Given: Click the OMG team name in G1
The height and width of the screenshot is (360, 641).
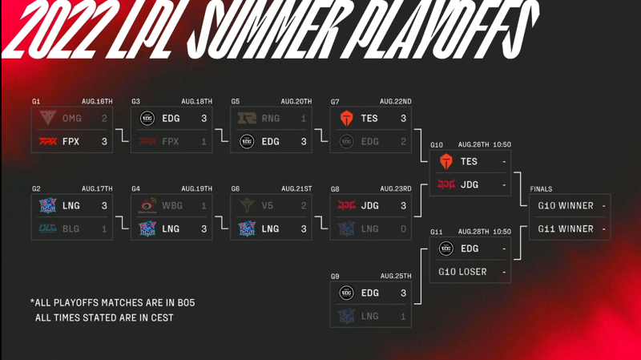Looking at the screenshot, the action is tap(72, 118).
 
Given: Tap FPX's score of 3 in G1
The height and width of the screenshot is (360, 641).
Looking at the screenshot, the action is tap(104, 142).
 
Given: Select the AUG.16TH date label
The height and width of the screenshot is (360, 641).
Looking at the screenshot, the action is tap(97, 102).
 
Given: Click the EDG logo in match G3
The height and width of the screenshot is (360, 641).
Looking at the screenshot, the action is tap(147, 118).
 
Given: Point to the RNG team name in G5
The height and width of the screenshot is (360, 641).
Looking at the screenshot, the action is tap(271, 118).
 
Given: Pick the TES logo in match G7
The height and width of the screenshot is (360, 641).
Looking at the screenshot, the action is tap(347, 118).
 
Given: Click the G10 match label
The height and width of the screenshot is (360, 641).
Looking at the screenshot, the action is tap(437, 145).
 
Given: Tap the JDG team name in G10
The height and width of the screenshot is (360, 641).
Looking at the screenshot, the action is tap(470, 185).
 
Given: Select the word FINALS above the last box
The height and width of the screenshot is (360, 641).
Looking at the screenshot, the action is tap(541, 189).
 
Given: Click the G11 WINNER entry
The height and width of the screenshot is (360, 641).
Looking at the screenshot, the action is tap(566, 229).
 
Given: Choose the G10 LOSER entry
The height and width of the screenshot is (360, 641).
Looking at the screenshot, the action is tap(462, 272).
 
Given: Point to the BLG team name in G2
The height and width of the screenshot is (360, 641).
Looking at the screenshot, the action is tap(71, 229).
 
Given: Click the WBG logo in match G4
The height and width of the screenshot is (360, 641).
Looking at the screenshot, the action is tap(147, 206).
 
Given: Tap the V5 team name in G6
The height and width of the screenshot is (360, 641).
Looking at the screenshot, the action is tap(267, 206).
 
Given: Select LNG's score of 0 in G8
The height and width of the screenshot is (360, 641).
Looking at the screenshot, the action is tap(404, 229).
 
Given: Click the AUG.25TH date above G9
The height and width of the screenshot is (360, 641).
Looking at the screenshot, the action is tap(396, 276).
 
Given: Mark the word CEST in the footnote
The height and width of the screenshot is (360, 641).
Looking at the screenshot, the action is tap(163, 318).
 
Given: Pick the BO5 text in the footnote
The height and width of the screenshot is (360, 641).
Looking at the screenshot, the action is tap(186, 303).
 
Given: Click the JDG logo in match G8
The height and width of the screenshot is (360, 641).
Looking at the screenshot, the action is tap(346, 206).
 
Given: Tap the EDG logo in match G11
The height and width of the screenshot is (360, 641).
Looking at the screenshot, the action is tap(446, 249).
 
